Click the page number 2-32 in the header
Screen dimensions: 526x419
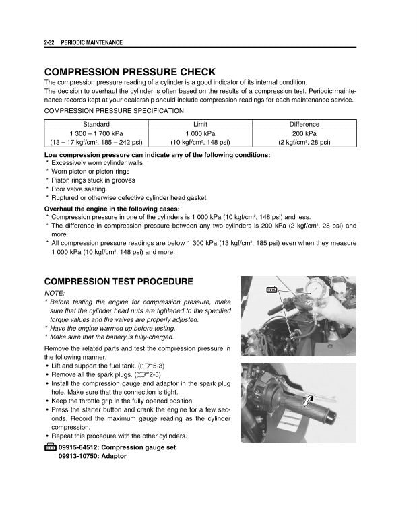(x=49, y=42)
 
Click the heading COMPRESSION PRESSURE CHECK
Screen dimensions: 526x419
(x=129, y=72)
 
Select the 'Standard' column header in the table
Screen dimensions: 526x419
(x=96, y=124)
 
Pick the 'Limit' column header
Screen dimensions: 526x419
(x=201, y=124)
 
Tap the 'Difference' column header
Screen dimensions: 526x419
(x=304, y=124)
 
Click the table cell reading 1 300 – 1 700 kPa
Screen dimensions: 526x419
(x=96, y=133)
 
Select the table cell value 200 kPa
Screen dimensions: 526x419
(x=304, y=133)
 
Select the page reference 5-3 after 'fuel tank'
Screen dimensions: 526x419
(x=148, y=364)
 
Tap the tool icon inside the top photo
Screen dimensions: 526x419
(x=273, y=290)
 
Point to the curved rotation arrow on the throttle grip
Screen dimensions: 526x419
(x=309, y=401)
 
